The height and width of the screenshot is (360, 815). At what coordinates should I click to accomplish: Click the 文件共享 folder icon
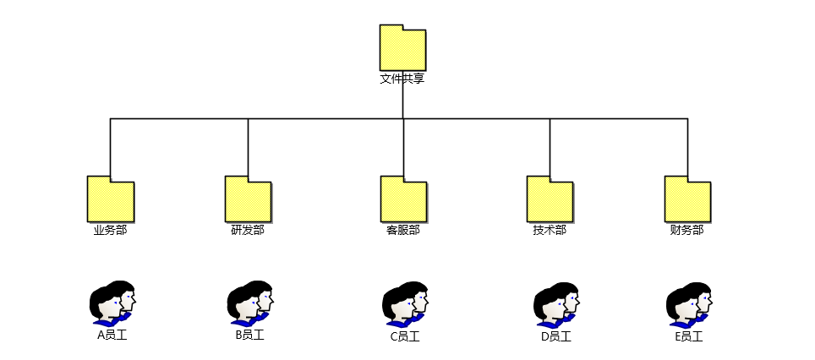402,48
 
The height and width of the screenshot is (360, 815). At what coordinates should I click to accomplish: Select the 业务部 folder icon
110,199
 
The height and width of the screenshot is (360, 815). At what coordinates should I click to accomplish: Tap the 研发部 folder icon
248,199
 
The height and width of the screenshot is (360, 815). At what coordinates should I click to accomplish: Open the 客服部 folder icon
403,199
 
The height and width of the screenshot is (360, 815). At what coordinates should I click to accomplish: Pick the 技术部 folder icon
550,199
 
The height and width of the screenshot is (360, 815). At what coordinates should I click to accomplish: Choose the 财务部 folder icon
687,199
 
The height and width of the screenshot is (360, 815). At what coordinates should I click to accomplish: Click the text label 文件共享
402,79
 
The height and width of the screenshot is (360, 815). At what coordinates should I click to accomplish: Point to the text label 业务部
110,230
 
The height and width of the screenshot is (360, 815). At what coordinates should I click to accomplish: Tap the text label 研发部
248,230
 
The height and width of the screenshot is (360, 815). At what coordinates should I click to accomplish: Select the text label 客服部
403,230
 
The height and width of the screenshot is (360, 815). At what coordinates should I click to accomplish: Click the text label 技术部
550,230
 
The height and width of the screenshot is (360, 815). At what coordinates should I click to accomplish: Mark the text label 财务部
686,230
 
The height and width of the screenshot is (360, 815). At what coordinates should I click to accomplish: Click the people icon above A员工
112,303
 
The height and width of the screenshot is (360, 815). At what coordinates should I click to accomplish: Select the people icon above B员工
250,303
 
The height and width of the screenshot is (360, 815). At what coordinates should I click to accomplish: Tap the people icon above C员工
405,304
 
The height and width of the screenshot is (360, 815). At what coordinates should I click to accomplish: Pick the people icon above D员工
557,304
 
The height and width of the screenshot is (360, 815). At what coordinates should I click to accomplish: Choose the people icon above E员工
689,304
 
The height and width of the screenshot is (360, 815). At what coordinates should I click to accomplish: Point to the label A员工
112,335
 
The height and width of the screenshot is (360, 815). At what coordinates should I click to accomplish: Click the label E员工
688,336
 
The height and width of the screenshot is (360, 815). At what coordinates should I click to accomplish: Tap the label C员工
404,336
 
